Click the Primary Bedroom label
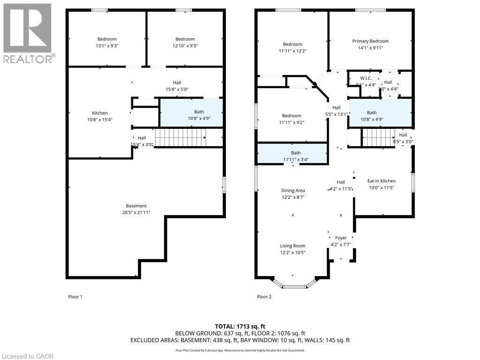tap(370, 41)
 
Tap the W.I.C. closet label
tap(366, 78)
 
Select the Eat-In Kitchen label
tap(381, 181)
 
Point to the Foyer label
tap(341, 238)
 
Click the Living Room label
tap(292, 246)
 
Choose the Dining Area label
tap(293, 190)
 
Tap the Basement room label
tap(136, 206)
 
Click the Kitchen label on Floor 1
tap(100, 113)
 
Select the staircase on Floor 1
tap(180, 138)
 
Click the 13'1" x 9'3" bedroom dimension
tap(107, 46)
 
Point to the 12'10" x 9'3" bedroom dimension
tap(185, 46)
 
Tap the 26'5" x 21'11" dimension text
tap(136, 213)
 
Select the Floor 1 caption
tap(75, 297)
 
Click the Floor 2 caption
tap(264, 297)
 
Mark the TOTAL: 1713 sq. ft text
tap(240, 326)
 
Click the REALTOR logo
tap(28, 33)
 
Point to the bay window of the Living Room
tap(294, 284)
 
